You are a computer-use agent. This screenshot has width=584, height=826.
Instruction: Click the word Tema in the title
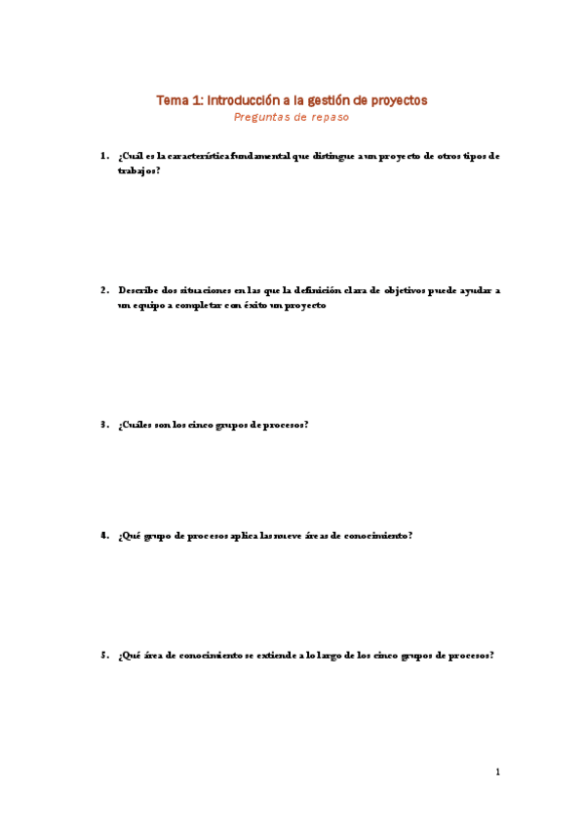[x=173, y=100]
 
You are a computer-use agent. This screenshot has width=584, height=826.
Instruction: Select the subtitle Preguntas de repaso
[x=292, y=117]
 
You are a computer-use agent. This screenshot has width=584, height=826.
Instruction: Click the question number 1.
[x=103, y=155]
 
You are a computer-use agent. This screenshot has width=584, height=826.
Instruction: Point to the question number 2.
[x=103, y=290]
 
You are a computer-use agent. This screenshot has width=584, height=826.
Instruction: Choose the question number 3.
[x=103, y=425]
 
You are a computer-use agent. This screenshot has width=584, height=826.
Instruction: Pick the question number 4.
[x=103, y=535]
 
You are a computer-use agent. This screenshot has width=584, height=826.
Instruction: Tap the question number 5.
[x=103, y=656]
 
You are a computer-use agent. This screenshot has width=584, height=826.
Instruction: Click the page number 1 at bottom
[x=497, y=772]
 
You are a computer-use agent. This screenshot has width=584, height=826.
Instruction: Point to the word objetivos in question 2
[x=410, y=290]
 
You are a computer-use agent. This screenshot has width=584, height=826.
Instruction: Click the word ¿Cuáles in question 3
[x=135, y=425]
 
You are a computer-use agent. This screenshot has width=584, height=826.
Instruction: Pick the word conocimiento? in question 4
[x=375, y=535]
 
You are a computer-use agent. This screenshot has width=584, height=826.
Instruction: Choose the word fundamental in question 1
[x=257, y=155]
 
